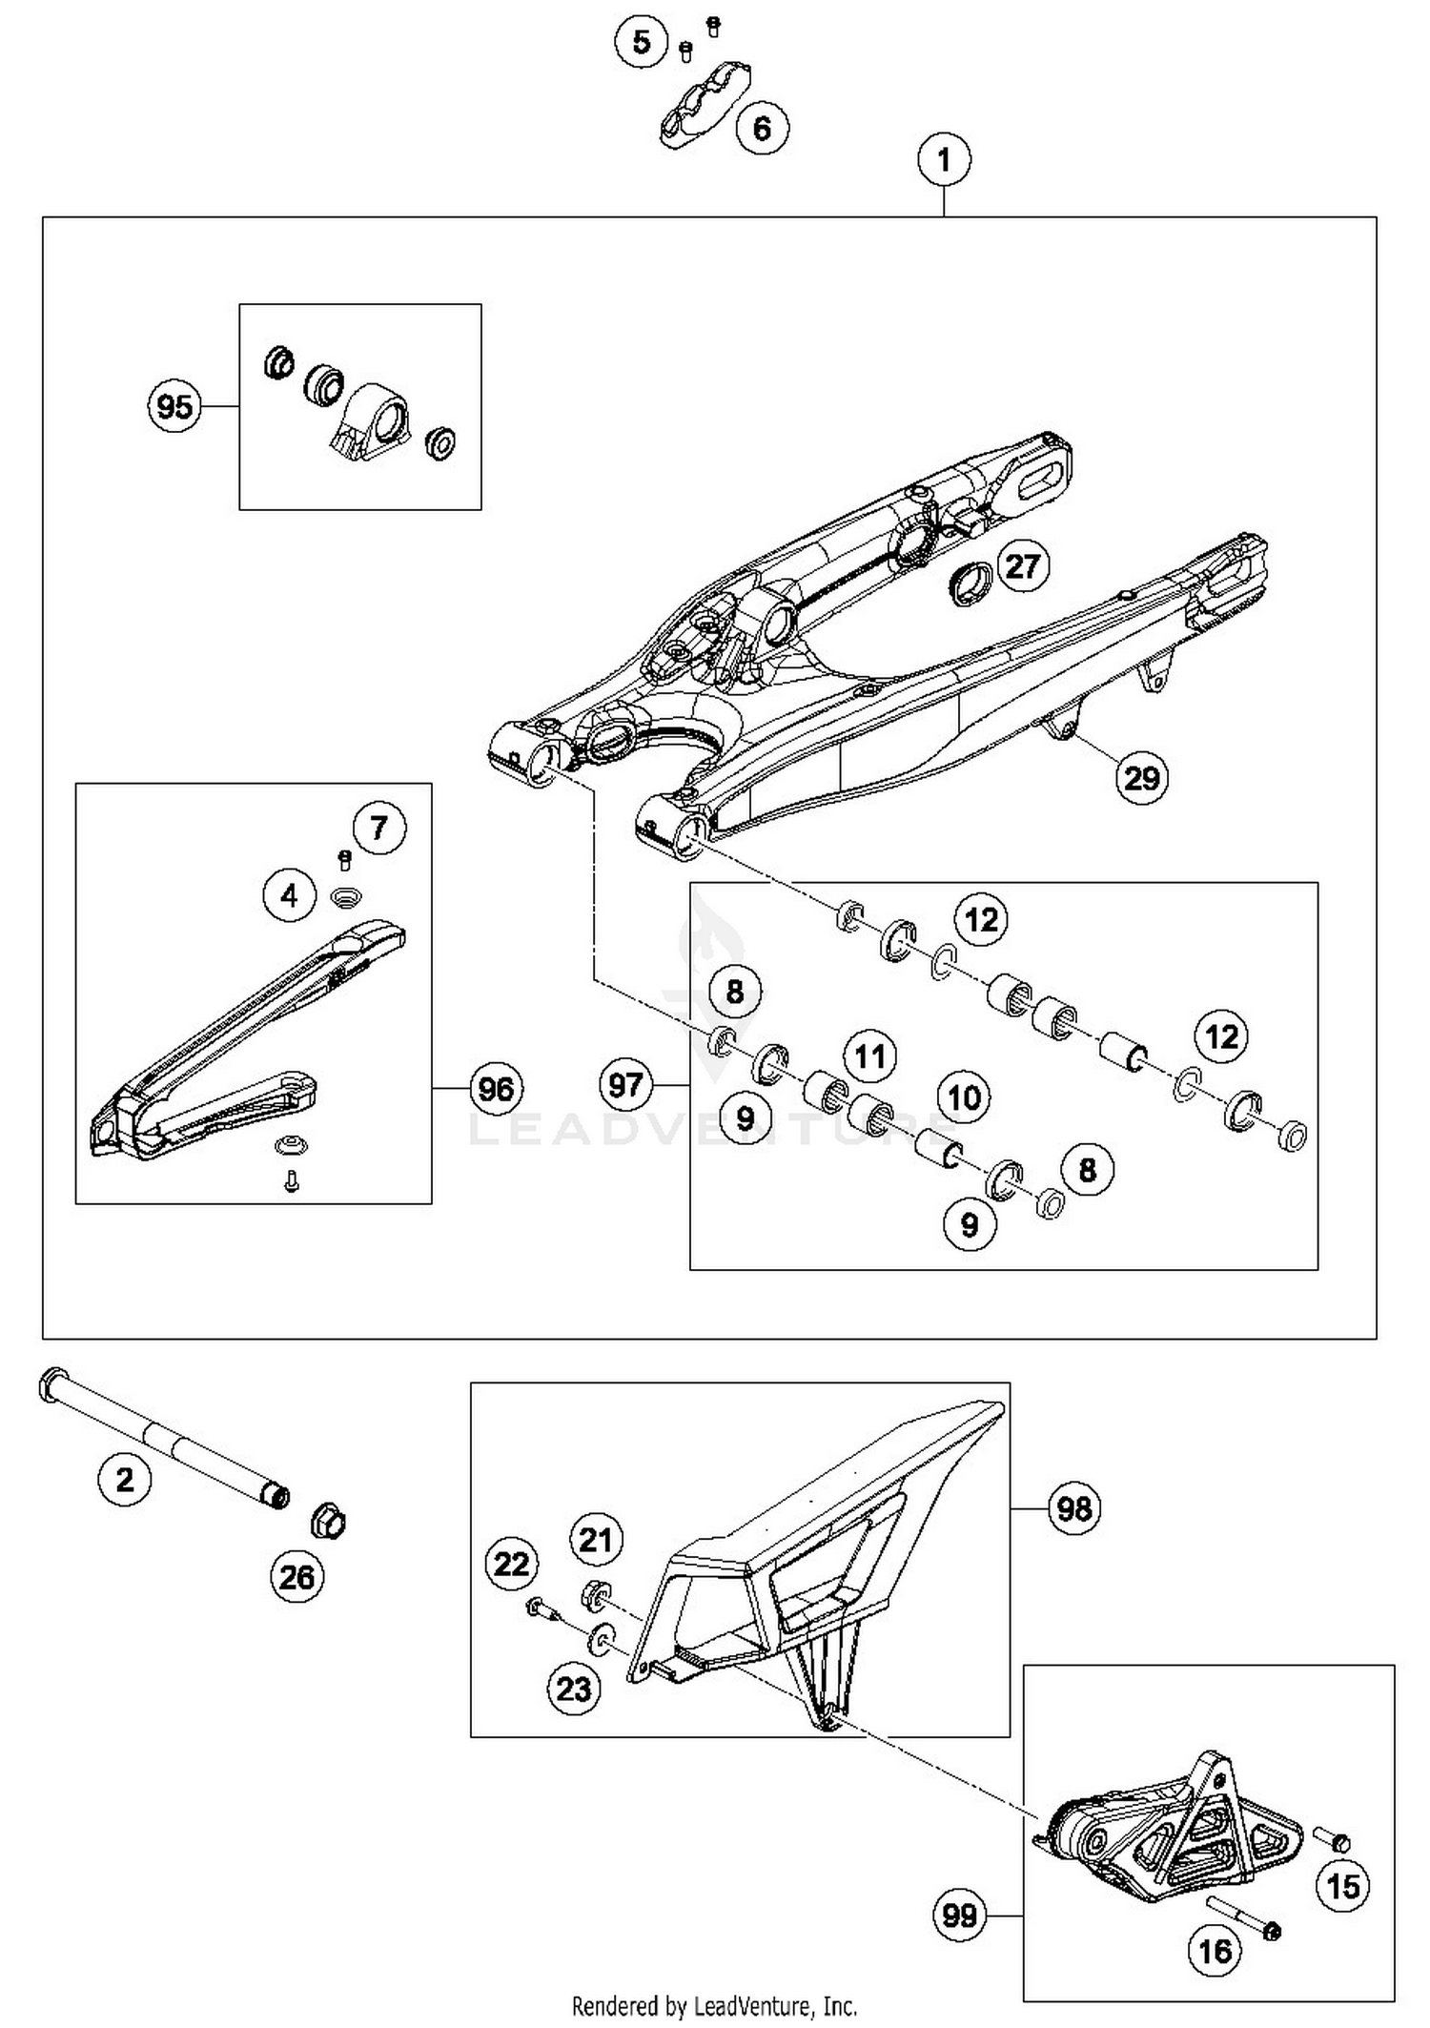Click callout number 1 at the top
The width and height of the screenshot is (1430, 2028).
pyautogui.click(x=944, y=159)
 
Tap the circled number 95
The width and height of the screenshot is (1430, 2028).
pyautogui.click(x=174, y=407)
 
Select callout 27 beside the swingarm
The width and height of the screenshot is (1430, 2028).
pyautogui.click(x=1022, y=566)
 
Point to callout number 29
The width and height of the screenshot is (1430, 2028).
pyautogui.click(x=1141, y=778)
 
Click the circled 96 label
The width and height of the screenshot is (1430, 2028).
pyautogui.click(x=496, y=1089)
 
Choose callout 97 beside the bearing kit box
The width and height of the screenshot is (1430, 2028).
pyautogui.click(x=625, y=1084)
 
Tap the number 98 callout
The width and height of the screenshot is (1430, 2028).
pyautogui.click(x=1074, y=1509)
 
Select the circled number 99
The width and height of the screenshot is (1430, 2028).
pyautogui.click(x=959, y=1915)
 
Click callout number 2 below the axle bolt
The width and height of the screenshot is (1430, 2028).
pyautogui.click(x=125, y=1480)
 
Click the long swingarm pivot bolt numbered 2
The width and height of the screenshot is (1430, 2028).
pyautogui.click(x=162, y=1440)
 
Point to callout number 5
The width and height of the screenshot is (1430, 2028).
pyautogui.click(x=642, y=42)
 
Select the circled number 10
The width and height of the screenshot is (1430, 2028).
pyautogui.click(x=964, y=1097)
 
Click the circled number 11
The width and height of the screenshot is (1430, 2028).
pyautogui.click(x=869, y=1055)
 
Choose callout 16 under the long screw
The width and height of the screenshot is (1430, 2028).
pyautogui.click(x=1215, y=1952)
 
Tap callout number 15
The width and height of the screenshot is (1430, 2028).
pyautogui.click(x=1343, y=1886)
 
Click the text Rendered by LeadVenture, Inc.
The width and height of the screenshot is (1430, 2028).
pyautogui.click(x=714, y=2006)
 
